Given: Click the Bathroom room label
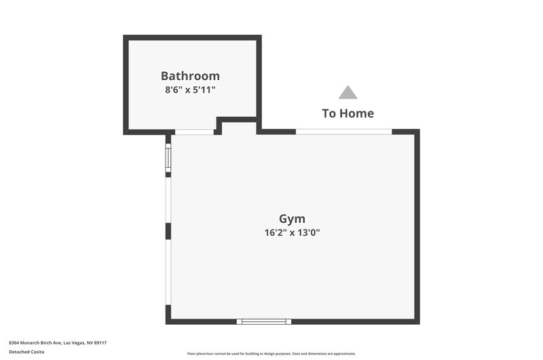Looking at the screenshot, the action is click(x=190, y=76).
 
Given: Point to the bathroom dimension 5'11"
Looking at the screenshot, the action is click(x=204, y=90).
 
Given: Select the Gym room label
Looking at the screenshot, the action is click(x=292, y=219).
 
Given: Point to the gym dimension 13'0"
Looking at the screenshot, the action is click(x=308, y=232).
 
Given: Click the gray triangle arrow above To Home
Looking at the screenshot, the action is click(x=348, y=92).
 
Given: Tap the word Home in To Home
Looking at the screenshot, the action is click(x=357, y=113).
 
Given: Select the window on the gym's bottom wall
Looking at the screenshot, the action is click(x=264, y=321).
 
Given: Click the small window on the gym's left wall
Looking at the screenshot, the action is click(x=168, y=158).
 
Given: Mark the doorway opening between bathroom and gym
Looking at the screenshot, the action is click(x=194, y=132).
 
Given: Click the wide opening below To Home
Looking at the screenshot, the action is click(x=344, y=132).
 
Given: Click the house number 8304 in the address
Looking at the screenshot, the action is click(x=14, y=343).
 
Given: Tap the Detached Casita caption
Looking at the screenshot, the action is click(x=26, y=352).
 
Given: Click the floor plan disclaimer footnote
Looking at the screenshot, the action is click(x=271, y=354).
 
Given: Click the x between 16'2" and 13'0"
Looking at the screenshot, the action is click(x=293, y=233).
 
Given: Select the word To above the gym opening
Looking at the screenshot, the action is click(x=329, y=113).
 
